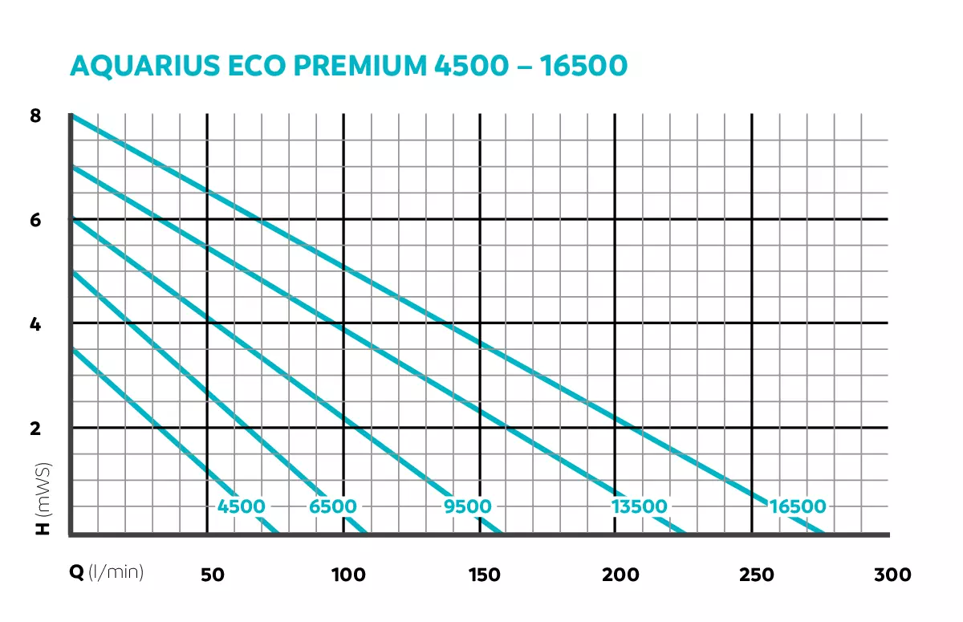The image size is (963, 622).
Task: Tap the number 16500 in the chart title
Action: [x=583, y=66]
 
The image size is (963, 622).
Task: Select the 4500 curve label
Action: [x=241, y=506]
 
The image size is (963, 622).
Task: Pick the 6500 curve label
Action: [x=333, y=506]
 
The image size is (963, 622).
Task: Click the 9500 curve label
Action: [x=467, y=506]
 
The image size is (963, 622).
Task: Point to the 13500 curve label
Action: [x=639, y=506]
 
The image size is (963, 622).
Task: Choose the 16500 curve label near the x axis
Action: [x=797, y=506]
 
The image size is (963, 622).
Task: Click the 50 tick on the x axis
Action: [x=212, y=575]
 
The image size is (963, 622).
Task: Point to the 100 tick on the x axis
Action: [x=348, y=575]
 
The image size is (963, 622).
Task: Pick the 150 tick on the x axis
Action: [x=484, y=575]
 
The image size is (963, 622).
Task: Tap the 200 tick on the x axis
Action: [x=620, y=575]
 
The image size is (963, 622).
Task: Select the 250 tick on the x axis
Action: [x=757, y=575]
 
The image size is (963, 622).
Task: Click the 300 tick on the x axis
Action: [x=893, y=575]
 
